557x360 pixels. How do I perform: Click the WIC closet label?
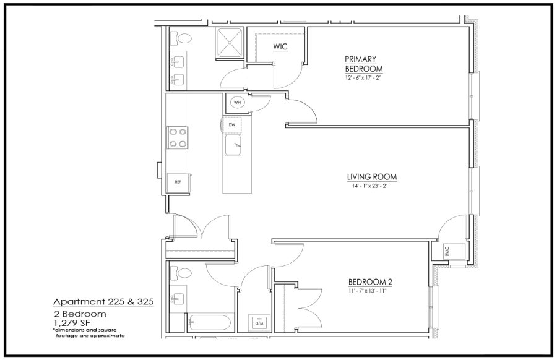280,46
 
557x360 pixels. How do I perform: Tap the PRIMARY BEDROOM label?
363,64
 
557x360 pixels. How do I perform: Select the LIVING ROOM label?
372,177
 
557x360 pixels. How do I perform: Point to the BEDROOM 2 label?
370,282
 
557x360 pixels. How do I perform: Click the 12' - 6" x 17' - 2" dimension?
363,78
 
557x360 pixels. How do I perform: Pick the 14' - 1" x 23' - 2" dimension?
369,186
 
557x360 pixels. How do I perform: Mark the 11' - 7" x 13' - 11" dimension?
367,291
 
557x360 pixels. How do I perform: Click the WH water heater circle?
237,103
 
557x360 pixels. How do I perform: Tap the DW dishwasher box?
231,125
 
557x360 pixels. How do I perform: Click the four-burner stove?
178,138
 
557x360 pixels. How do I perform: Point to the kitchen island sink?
233,145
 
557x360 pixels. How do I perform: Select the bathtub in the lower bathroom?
209,323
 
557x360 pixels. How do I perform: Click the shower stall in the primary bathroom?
230,42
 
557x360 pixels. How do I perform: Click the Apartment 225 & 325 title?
103,302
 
